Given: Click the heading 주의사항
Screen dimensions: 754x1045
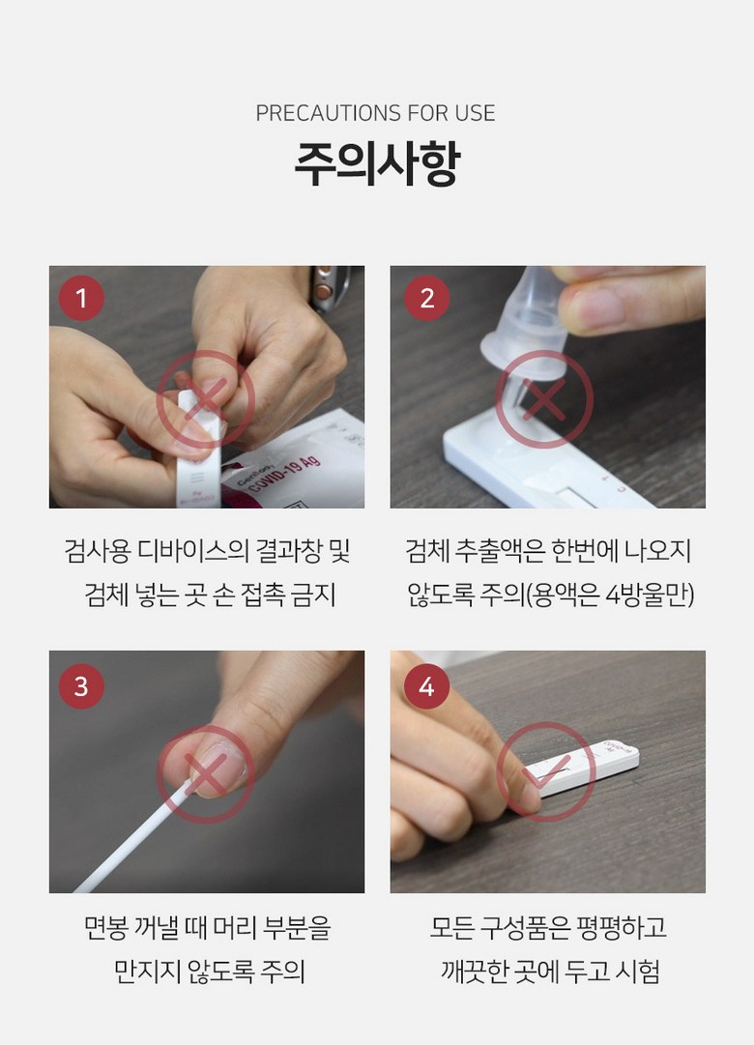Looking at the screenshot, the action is [x=377, y=163].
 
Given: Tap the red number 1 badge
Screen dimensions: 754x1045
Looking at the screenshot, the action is [x=81, y=298].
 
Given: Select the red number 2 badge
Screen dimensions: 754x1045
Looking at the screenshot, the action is [x=426, y=298].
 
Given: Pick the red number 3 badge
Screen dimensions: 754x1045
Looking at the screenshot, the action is [x=81, y=685].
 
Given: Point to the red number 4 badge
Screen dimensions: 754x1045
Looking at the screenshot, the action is [x=426, y=685].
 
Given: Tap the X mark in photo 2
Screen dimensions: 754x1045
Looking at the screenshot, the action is [x=544, y=400].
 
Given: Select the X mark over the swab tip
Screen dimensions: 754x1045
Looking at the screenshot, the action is [x=205, y=773].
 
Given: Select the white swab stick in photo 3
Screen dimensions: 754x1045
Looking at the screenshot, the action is [x=133, y=840].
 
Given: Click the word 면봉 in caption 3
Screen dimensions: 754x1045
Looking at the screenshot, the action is [x=105, y=928].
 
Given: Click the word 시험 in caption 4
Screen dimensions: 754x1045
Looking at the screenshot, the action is [x=637, y=972].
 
